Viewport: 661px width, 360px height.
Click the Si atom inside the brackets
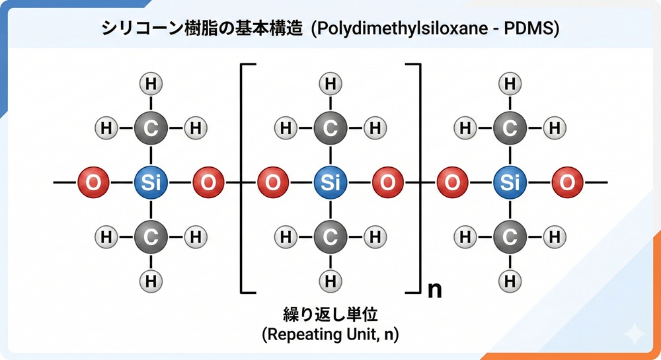click(330, 182)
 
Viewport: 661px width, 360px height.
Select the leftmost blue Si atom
click(151, 182)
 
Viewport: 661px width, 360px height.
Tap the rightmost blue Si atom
click(510, 182)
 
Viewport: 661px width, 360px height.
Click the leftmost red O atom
click(93, 182)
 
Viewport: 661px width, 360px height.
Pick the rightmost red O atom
click(567, 182)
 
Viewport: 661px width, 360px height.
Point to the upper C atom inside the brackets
click(330, 128)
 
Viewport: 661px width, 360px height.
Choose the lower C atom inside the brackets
click(330, 236)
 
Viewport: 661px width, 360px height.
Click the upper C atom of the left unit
click(151, 128)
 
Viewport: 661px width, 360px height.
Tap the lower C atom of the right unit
click(510, 236)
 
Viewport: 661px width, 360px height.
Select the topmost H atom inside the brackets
click(330, 85)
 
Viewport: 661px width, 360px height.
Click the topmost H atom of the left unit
click(151, 85)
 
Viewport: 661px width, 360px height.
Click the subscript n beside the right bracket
click(434, 289)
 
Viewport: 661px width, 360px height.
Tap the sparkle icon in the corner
click(635, 335)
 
